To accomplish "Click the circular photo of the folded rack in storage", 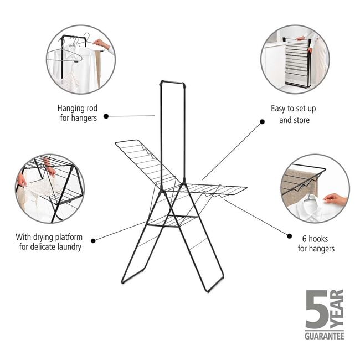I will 295,59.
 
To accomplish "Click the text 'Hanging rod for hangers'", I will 77,112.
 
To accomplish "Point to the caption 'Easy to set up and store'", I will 294,114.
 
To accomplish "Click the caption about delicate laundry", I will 49,241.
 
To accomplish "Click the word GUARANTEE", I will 324,336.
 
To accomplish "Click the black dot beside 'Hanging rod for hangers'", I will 106,116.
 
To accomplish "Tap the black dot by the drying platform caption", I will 92,240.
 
